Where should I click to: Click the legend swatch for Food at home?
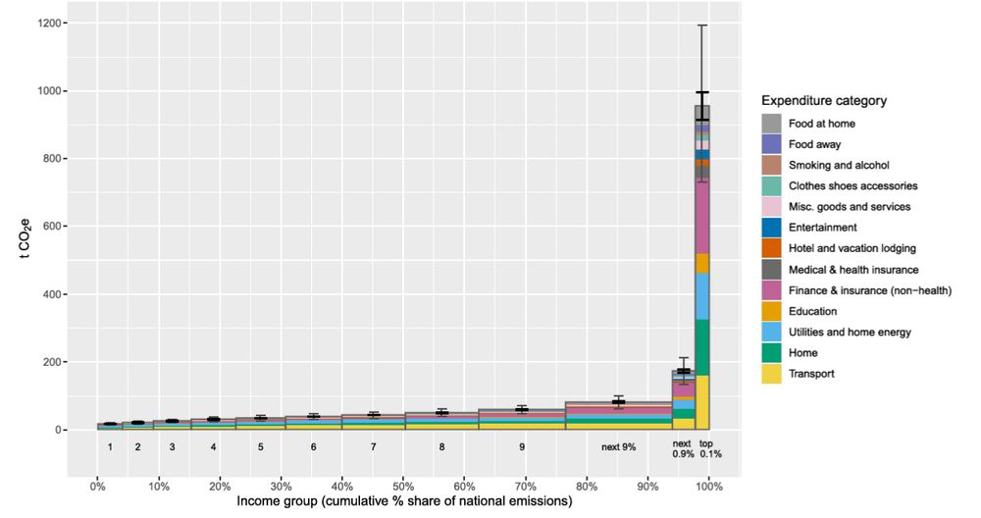click(772, 124)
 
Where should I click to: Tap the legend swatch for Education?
click(772, 311)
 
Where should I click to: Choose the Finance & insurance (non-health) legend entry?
click(862, 290)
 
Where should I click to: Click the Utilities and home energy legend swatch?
click(772, 332)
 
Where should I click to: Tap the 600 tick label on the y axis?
click(54, 227)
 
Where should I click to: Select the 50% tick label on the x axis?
click(403, 486)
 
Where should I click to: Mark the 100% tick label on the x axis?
click(709, 486)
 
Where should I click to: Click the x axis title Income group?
click(403, 501)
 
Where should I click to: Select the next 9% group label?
click(619, 447)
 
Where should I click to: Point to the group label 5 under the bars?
click(261, 447)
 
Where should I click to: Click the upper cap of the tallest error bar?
click(702, 25)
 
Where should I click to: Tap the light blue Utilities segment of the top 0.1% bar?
click(702, 295)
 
